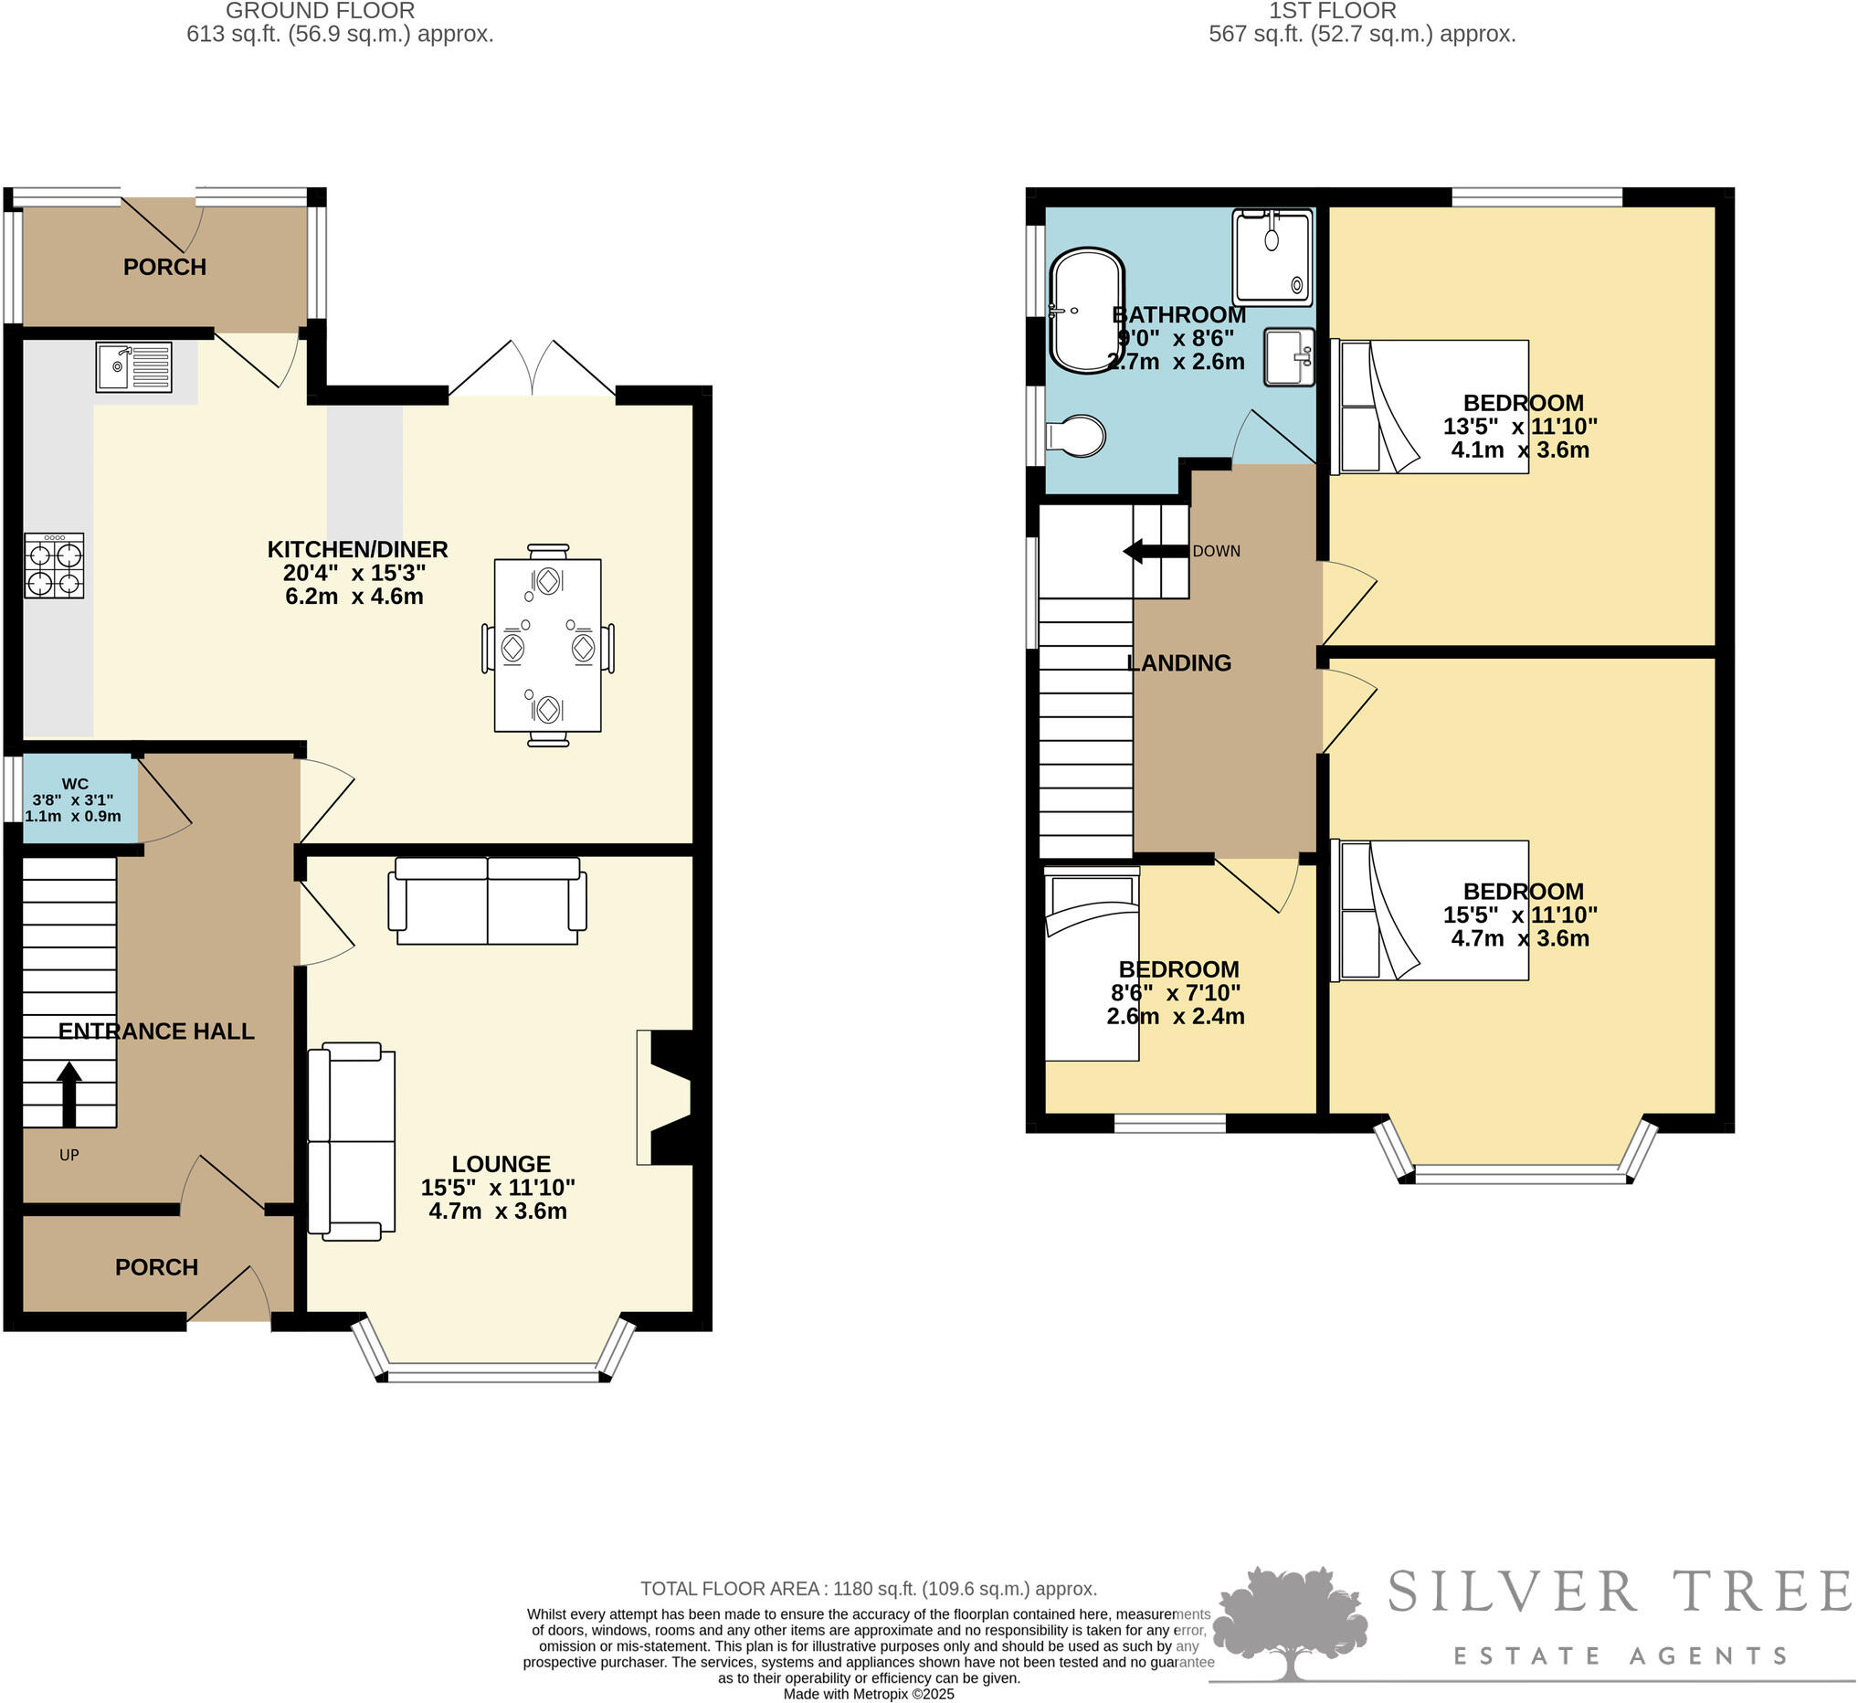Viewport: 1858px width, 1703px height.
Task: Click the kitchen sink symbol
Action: pos(133,366)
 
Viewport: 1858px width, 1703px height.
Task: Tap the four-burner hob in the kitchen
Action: pos(55,566)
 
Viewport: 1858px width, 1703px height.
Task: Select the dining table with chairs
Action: pos(547,645)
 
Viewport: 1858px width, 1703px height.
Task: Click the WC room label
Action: pos(75,783)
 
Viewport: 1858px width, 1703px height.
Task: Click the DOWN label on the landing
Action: pos(1216,551)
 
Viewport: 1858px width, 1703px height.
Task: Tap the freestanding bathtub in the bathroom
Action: pos(1087,311)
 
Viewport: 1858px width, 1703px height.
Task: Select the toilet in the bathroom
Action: pos(1076,436)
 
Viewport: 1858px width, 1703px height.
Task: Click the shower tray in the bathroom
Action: pos(1272,257)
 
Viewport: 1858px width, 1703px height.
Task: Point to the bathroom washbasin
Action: pos(1288,357)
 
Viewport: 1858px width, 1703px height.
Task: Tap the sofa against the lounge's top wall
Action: pos(487,900)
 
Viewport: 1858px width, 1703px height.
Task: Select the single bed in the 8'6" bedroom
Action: pos(1093,963)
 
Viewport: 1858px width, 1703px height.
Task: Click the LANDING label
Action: pos(1178,662)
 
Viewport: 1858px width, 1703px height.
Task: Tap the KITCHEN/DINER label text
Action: pos(357,549)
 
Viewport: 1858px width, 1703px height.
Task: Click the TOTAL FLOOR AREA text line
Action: pos(868,1589)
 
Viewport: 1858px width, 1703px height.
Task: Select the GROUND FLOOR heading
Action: pos(320,11)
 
